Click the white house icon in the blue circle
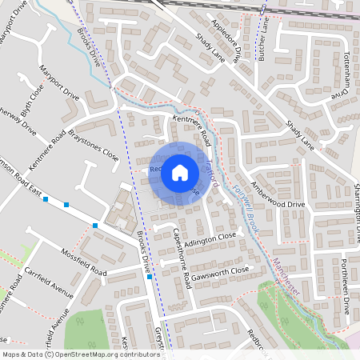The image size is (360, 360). [180, 172]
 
